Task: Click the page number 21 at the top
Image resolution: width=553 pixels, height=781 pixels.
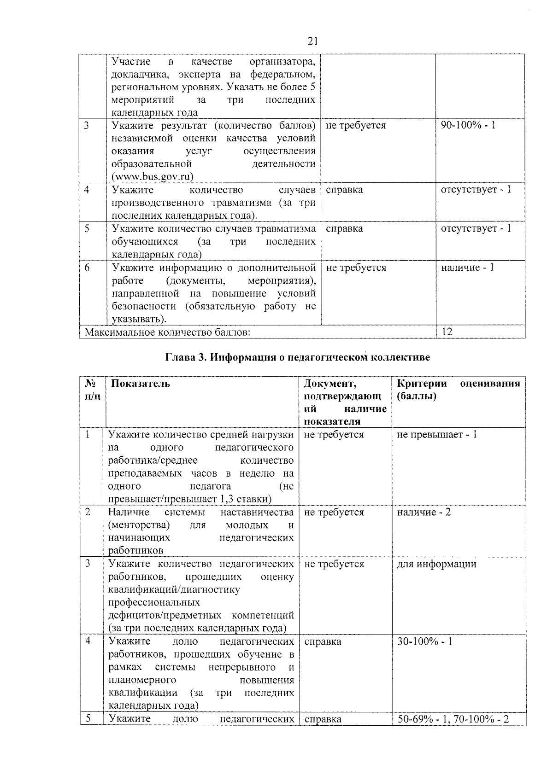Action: tap(312, 41)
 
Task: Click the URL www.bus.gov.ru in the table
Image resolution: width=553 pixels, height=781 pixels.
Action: tap(153, 177)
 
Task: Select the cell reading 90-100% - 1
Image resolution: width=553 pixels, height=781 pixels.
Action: tap(468, 125)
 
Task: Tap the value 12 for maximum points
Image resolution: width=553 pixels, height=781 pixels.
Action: tap(447, 332)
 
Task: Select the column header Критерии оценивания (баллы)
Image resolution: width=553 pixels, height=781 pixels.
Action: tap(458, 390)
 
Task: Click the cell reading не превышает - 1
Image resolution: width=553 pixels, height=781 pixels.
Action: tap(436, 435)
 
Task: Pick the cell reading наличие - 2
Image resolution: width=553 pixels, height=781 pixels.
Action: tap(424, 513)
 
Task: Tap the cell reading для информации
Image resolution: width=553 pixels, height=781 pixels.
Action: tap(436, 564)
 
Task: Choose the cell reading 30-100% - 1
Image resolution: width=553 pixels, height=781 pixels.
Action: tap(424, 641)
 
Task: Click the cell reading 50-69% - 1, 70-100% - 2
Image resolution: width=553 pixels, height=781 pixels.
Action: tap(453, 719)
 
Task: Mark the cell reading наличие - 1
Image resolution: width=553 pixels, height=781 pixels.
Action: tap(467, 268)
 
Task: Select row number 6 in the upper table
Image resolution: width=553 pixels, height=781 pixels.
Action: tap(87, 268)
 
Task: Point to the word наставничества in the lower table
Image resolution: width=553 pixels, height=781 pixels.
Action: tap(257, 513)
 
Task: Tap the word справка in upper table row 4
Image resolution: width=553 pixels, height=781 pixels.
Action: tap(344, 190)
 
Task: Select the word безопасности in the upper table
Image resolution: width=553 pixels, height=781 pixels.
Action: tap(144, 306)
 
